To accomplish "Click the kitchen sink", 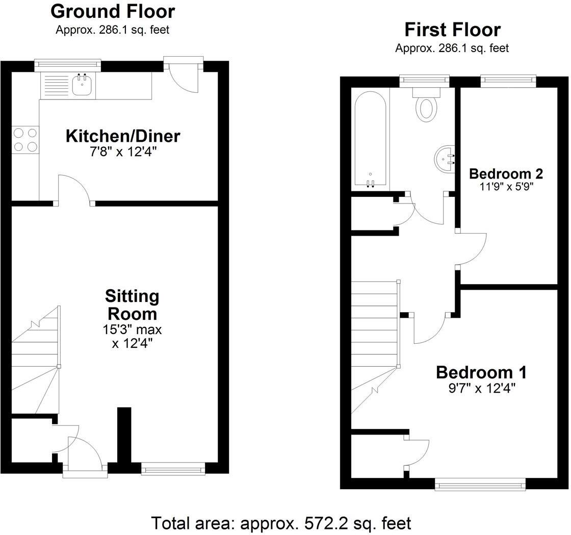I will [x=82, y=86].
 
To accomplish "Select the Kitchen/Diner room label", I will [x=123, y=136].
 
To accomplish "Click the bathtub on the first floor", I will [x=370, y=140].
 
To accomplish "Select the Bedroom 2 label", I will [x=506, y=173].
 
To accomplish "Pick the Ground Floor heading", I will [x=113, y=11].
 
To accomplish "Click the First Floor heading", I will [x=452, y=30].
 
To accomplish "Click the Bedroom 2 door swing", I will [x=473, y=249].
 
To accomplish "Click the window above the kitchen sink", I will [x=68, y=64].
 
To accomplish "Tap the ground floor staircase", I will [x=35, y=362].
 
